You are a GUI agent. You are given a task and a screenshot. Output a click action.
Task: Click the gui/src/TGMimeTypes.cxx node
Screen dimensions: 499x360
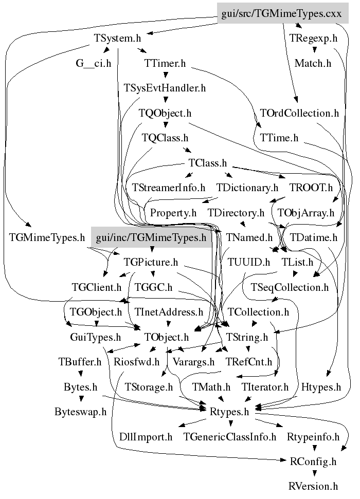(x=282, y=14)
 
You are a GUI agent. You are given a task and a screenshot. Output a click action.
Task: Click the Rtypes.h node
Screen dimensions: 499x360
(x=230, y=411)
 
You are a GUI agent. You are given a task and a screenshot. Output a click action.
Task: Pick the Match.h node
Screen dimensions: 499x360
(x=313, y=63)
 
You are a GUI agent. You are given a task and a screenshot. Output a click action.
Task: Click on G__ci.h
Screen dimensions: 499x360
(x=94, y=63)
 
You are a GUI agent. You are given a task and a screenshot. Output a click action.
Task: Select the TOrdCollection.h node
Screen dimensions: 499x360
(x=299, y=113)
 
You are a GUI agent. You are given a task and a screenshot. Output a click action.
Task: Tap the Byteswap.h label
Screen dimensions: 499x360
(x=80, y=411)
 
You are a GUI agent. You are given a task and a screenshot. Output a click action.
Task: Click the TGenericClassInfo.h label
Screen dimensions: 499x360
(x=230, y=437)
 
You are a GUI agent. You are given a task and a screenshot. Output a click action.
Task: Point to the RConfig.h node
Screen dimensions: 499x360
(x=313, y=461)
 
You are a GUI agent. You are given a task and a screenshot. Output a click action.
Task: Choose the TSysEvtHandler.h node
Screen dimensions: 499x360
(x=165, y=88)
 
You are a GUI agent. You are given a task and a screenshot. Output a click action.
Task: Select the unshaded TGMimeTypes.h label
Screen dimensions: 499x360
(x=47, y=238)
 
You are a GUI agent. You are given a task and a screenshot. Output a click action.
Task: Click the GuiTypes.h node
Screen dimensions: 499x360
(x=95, y=337)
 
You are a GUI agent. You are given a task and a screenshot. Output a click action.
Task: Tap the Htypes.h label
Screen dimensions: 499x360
(x=321, y=387)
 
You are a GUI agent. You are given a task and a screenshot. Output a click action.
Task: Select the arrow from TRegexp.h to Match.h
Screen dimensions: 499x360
(x=313, y=51)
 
